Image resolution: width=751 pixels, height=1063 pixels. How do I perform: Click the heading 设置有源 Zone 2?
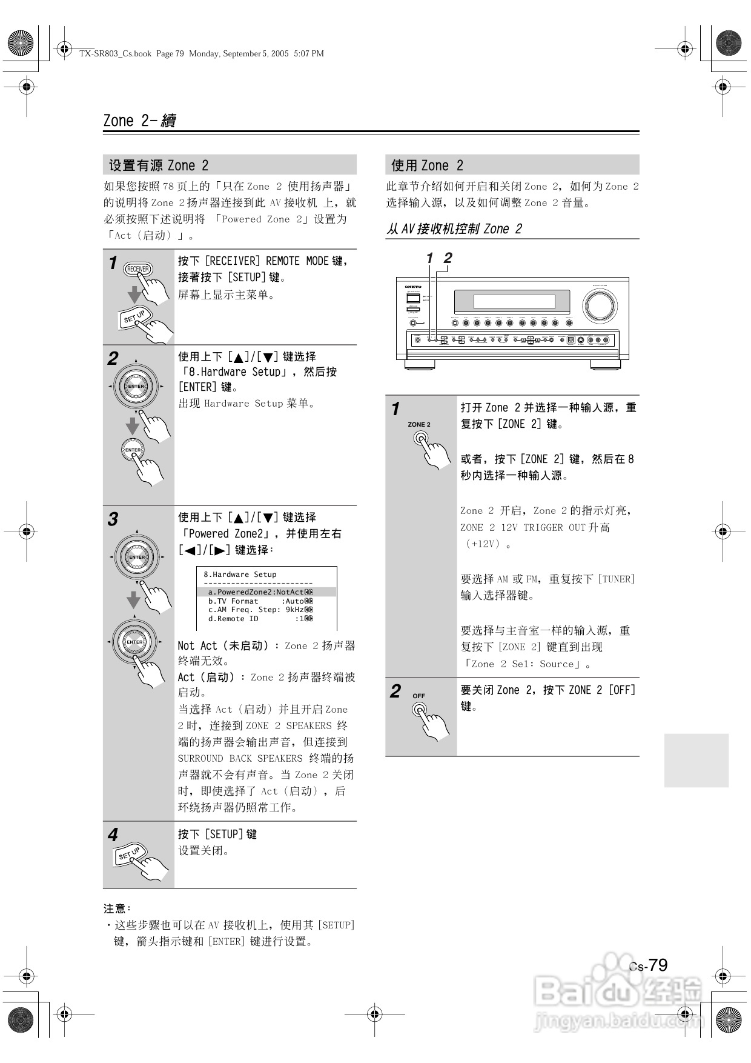[159, 165]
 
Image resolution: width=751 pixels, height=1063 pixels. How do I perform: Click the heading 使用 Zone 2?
[427, 165]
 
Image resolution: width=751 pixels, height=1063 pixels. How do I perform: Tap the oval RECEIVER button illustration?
[138, 269]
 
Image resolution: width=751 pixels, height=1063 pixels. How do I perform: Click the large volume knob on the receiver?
[600, 305]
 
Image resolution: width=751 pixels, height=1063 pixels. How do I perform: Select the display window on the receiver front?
[514, 301]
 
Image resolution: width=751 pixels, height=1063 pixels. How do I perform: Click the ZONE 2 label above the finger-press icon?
[419, 424]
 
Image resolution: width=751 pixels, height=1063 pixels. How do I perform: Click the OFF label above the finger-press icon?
[419, 696]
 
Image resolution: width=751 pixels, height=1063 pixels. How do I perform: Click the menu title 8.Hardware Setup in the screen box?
[240, 575]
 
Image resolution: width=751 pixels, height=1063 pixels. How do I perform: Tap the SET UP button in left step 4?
[130, 855]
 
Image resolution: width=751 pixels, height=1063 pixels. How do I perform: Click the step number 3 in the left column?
[113, 519]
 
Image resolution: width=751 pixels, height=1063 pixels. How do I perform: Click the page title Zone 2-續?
[139, 121]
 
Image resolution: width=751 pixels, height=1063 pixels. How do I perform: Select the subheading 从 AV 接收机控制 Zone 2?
[454, 229]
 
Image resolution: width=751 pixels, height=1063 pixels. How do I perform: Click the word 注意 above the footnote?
[115, 908]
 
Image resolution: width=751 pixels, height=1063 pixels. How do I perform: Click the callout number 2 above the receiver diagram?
[448, 258]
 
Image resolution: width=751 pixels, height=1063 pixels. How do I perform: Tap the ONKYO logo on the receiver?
[413, 287]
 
